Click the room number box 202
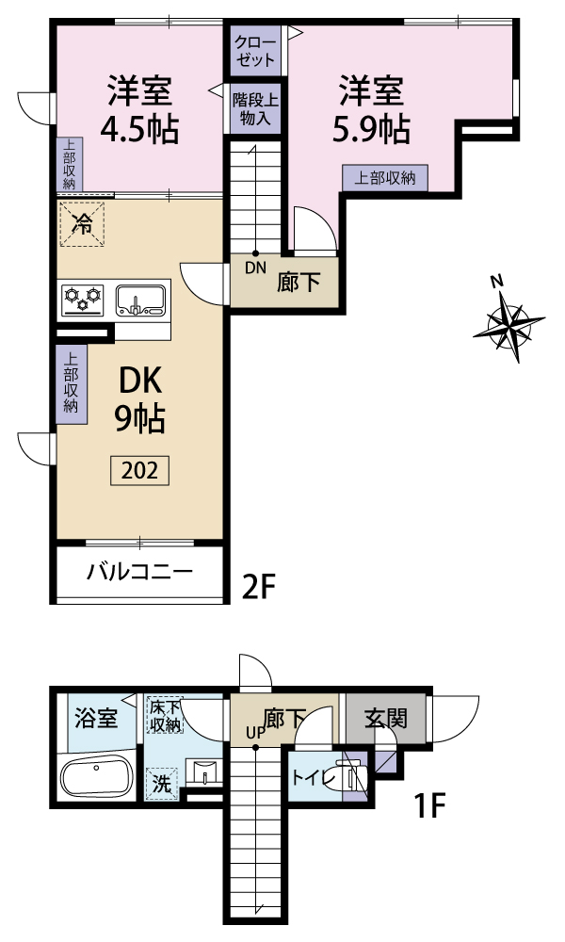pos(139,470)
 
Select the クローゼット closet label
pos(255,51)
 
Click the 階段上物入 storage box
pos(255,108)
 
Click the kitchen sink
pos(140,300)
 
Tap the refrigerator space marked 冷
pos(82,224)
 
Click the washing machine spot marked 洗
pos(162,783)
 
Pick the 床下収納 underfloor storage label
pos(165,715)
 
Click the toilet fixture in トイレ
pos(352,775)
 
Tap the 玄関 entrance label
pos(386,719)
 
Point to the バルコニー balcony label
pos(139,571)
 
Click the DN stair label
pos(255,268)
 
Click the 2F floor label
pos(258,586)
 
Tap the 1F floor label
pos(429,805)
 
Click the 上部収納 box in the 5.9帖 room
pos(385,178)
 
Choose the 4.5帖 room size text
pos(139,128)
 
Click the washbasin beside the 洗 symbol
pos(204,771)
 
